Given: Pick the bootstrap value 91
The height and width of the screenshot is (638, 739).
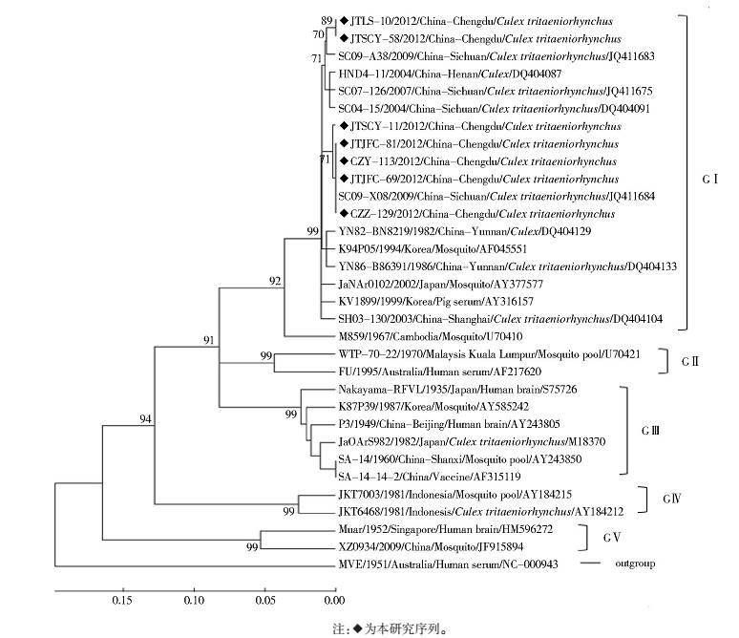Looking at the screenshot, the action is [x=208, y=340].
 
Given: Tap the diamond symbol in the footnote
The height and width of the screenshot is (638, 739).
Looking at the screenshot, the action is [x=358, y=629].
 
